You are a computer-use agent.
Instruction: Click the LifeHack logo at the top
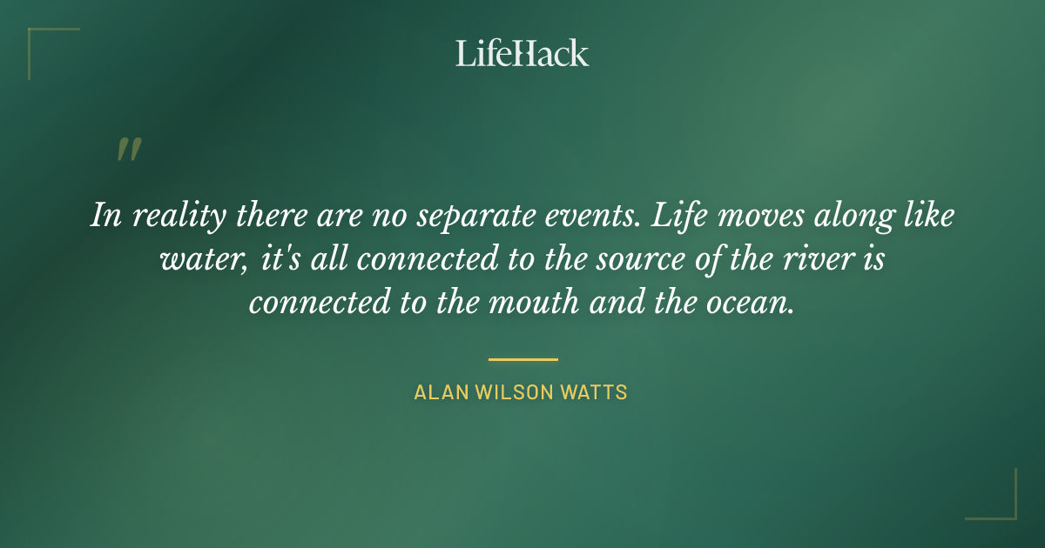(x=522, y=53)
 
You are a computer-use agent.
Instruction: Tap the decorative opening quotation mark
(x=128, y=150)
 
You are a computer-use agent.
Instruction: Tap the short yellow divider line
(x=522, y=358)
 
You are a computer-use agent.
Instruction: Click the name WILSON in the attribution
(x=514, y=392)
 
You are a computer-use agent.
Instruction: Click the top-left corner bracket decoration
(x=35, y=35)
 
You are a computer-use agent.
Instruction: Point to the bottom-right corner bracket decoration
(x=1010, y=513)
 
